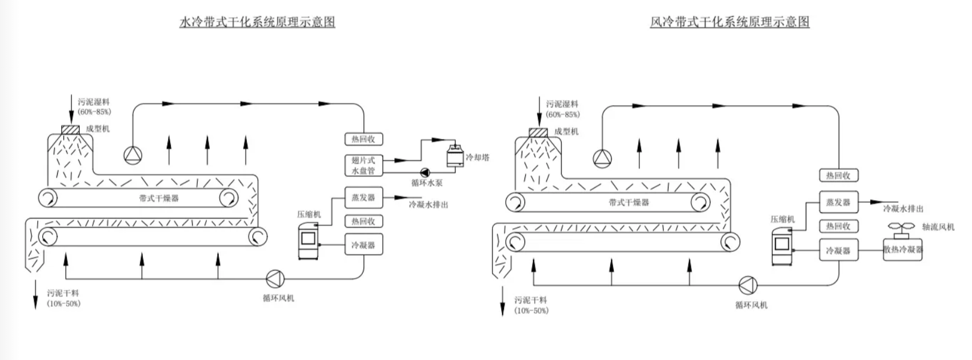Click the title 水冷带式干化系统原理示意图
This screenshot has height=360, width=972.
[x=257, y=22]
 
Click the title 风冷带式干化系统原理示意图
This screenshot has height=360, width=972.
[x=730, y=22]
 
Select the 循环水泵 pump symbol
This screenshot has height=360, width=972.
[x=425, y=171]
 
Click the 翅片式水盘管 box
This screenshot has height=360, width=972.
[x=363, y=165]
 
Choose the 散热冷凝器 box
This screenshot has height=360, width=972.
[x=903, y=250]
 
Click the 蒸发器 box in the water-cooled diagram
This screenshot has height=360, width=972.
[x=363, y=198]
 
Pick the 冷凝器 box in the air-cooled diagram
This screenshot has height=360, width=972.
[x=838, y=250]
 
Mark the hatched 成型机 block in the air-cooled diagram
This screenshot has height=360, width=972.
[x=538, y=133]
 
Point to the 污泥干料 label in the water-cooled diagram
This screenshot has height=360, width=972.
[x=63, y=293]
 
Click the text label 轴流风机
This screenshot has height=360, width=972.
[x=938, y=227]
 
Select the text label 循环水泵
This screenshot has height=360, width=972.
[x=427, y=183]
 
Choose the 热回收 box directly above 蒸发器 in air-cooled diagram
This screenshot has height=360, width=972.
[x=838, y=175]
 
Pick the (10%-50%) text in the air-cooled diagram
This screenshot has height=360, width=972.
[x=531, y=311]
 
